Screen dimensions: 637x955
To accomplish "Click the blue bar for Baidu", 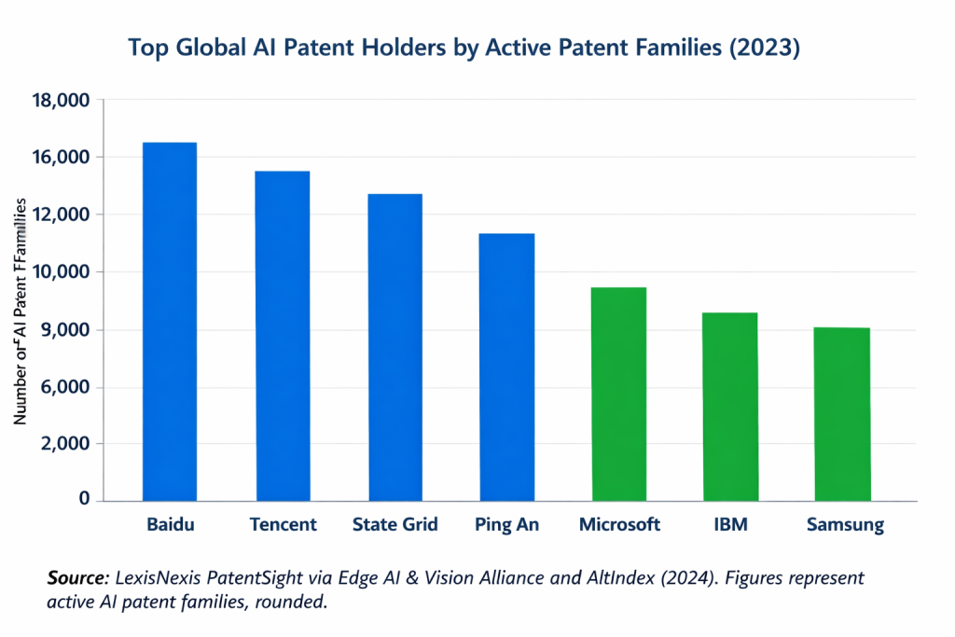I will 169,322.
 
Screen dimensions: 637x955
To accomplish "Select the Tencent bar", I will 283,336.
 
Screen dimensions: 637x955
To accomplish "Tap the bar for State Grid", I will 395,347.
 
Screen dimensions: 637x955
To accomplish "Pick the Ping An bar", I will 506,367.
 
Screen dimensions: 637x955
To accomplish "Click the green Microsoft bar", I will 618,394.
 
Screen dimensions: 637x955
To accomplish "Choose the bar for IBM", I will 729,407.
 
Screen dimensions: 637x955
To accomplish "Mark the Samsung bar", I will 842,414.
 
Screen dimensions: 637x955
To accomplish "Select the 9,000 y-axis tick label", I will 64,330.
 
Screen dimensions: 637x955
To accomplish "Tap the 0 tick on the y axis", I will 84,501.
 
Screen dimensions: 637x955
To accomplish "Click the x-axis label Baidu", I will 170,525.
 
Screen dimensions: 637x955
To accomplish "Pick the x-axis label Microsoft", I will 619,525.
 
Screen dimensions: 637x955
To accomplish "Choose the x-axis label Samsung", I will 844,525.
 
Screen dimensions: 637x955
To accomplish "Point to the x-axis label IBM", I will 730,525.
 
